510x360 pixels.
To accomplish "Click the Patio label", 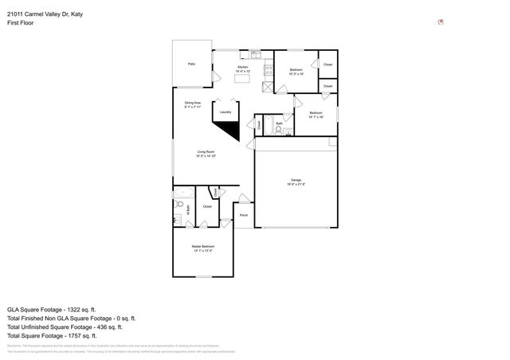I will (x=191, y=64).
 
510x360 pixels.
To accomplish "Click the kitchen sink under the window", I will (x=256, y=54).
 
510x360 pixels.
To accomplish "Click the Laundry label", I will (x=226, y=112).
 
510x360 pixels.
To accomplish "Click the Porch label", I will (x=243, y=215).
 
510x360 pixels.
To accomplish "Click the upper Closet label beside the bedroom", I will (x=328, y=65).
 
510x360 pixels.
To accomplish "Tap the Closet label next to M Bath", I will (x=207, y=206).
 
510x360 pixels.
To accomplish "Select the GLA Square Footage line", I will (x=51, y=309).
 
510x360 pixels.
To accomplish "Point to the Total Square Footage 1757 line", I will (x=52, y=335).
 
